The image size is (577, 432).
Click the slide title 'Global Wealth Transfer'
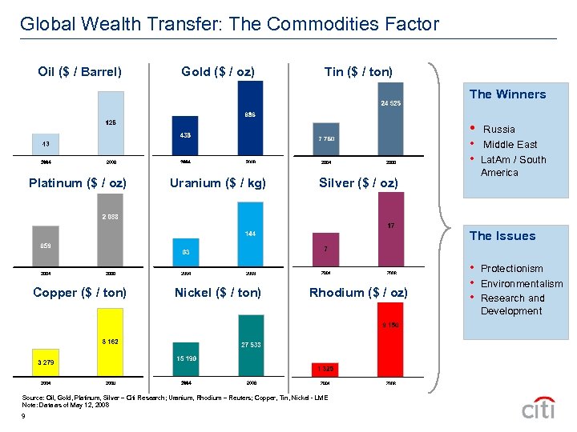pos(229,24)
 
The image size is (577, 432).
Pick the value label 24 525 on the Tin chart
pos(390,103)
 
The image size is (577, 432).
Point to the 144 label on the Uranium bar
pos(250,234)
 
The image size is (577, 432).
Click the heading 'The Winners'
pos(507,94)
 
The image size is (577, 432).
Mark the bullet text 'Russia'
pos(499,130)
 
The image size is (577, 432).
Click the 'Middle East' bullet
pos(510,145)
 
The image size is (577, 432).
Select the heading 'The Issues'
pos(502,236)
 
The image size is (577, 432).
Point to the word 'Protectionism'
pos(511,269)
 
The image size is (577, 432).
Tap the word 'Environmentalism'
pos(522,284)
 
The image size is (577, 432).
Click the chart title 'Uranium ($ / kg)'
pos(218,183)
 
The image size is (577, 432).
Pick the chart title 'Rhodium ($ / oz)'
pos(358,293)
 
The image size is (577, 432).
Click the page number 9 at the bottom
pos(26,415)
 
